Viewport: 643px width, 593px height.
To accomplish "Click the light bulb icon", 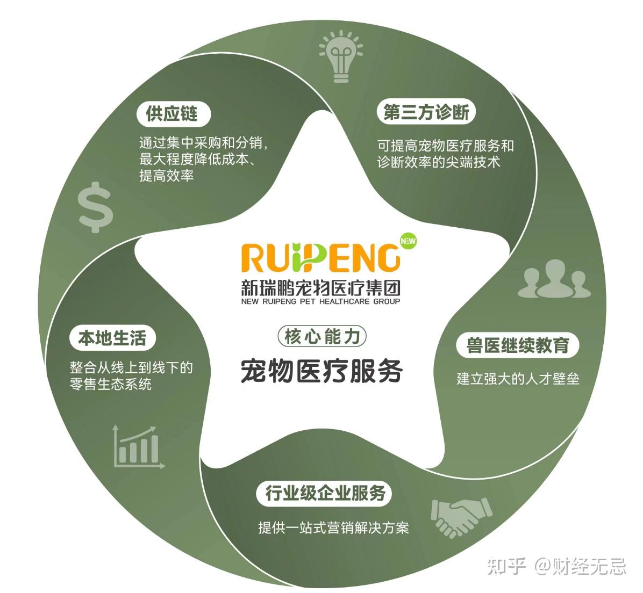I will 341,57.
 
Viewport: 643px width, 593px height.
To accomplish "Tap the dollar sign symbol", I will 95,206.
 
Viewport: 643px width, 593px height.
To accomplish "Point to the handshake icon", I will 461,516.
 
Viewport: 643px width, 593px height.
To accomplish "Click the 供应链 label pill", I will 172,113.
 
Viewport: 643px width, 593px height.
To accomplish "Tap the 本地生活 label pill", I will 112,338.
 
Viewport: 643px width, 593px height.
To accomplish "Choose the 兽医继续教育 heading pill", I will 518,345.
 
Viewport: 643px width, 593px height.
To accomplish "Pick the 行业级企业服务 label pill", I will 325,493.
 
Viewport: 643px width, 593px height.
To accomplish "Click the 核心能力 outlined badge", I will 322,337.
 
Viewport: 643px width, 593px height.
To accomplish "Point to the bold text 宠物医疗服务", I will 321,370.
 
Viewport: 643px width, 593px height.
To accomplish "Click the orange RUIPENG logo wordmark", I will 321,258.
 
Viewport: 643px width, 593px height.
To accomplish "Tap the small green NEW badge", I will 409,241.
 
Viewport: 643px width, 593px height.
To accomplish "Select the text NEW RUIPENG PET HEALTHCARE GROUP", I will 321,302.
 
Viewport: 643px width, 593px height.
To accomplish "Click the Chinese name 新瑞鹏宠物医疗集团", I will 321,288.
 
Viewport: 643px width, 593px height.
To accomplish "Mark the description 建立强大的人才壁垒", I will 518,378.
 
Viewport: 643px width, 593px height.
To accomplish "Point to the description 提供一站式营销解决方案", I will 333,527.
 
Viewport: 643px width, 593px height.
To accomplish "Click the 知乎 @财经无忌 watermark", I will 556,566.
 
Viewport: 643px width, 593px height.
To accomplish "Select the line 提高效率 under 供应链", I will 166,176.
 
